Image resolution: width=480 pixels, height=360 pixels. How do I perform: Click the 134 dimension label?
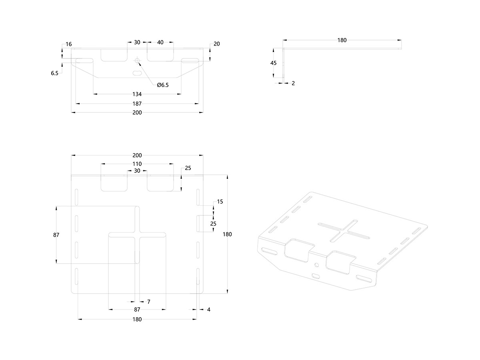click(137, 94)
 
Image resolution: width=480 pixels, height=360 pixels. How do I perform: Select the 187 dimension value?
click(137, 104)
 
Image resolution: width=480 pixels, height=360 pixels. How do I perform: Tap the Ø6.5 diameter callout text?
click(163, 85)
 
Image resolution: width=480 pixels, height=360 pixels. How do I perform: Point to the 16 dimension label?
click(69, 44)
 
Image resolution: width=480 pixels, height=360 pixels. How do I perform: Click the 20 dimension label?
click(217, 44)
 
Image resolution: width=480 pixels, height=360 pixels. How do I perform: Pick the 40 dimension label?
click(160, 42)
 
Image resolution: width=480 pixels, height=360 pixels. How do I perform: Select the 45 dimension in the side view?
click(274, 63)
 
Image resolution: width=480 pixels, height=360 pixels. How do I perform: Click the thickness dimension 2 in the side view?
click(293, 83)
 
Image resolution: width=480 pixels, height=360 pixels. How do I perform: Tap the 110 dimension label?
click(137, 164)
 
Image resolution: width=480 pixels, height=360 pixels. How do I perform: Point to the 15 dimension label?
click(220, 202)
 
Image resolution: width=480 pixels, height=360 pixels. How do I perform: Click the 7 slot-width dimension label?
click(148, 302)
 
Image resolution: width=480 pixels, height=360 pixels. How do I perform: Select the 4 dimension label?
click(208, 309)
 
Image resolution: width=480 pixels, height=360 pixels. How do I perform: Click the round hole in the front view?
click(137, 61)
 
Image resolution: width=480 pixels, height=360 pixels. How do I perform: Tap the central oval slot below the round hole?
click(137, 74)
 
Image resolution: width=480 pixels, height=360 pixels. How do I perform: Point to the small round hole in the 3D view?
click(317, 264)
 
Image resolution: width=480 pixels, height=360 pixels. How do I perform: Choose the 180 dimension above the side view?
click(342, 40)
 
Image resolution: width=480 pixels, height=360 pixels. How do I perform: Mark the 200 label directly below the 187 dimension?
click(137, 113)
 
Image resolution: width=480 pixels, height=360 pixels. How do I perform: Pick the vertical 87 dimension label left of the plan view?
click(56, 235)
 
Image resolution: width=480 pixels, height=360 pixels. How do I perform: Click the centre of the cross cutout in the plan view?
click(137, 234)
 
